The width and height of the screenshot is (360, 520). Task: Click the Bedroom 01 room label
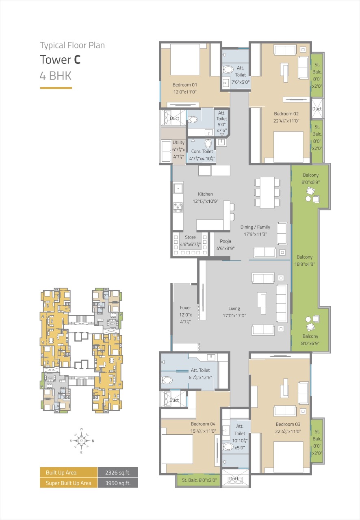coord(184,85)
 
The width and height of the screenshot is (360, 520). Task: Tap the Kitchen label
coord(205,194)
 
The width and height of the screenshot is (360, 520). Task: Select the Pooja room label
coord(225,241)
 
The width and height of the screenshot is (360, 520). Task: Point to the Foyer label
coord(185,308)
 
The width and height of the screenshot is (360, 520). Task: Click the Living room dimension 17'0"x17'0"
coord(234,316)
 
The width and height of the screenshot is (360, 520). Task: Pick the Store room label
coord(190,237)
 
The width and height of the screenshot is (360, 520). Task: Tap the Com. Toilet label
coord(202,152)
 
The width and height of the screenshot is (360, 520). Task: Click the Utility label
coord(178,143)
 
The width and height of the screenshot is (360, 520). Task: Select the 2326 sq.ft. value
coord(118,472)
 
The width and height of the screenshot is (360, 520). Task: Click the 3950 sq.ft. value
coord(118,483)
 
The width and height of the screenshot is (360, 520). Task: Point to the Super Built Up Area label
coord(69,483)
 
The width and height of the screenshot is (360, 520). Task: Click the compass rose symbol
coord(82,441)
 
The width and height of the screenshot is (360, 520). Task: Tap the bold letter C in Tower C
coord(77,60)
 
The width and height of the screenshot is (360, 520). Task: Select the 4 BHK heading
coord(56,76)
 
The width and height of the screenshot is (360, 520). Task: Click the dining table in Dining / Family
coord(267,193)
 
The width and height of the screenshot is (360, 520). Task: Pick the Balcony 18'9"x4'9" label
coord(304,260)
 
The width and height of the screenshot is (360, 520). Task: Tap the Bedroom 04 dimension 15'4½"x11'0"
coord(203,431)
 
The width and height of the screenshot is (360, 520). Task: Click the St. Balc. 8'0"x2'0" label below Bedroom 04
coord(199,480)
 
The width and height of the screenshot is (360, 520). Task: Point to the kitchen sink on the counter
coord(178,188)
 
